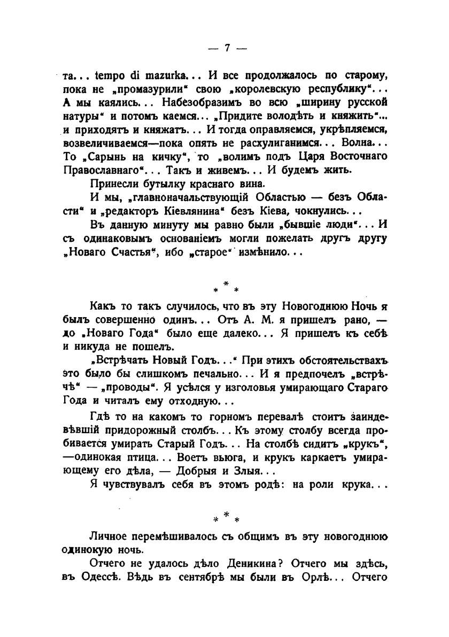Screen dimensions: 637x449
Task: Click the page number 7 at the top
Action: (x=226, y=48)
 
